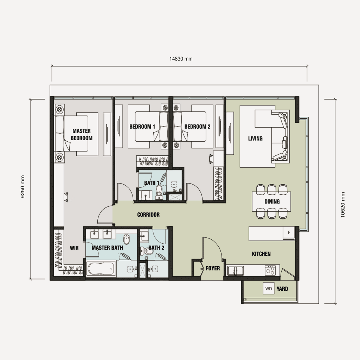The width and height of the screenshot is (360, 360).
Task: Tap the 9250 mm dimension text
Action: tap(23, 188)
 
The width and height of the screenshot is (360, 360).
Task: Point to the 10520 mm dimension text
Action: tap(343, 205)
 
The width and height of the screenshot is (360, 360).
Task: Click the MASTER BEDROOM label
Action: tap(82, 135)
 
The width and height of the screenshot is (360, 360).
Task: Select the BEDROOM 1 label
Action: tap(142, 127)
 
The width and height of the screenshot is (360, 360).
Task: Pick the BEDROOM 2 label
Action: tap(197, 127)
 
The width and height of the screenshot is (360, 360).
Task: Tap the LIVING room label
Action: tap(255, 139)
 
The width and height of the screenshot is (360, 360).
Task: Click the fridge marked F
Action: tap(289, 233)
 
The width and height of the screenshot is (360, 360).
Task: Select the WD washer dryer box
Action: tap(269, 289)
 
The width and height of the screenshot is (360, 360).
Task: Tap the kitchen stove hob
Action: tap(270, 270)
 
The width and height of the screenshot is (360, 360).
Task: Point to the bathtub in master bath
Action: tap(101, 270)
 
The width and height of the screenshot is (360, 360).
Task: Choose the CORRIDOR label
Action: tap(148, 214)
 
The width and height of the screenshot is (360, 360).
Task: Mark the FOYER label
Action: tap(213, 268)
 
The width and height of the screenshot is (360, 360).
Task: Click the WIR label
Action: tap(74, 248)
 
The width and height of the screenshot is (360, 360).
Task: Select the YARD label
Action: tap(282, 289)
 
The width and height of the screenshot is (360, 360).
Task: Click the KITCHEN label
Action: tap(261, 254)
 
